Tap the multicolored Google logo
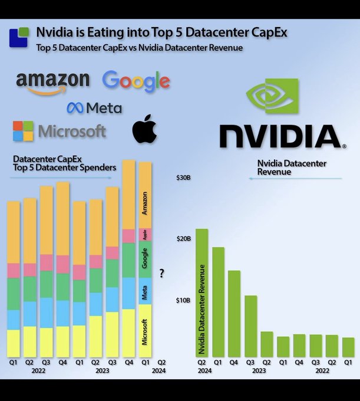click(136, 81)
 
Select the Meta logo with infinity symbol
click(94, 108)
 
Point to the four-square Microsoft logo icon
click(24, 131)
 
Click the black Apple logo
click(145, 129)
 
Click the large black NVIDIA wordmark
click(279, 136)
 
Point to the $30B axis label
click(185, 178)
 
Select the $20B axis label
click(185, 239)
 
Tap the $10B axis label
click(185, 300)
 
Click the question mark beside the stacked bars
click(161, 273)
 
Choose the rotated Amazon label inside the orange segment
click(145, 203)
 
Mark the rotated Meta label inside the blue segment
click(145, 291)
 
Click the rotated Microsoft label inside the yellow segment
click(145, 331)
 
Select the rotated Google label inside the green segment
click(145, 258)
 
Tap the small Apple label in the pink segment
click(145, 235)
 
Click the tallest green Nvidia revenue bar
click(202, 292)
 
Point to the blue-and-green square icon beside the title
click(19, 37)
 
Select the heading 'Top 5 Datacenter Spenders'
click(64, 168)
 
